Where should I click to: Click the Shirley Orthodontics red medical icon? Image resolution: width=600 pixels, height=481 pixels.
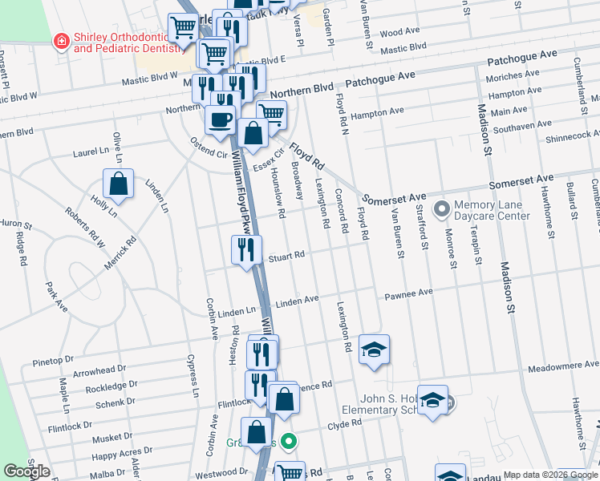[60, 41]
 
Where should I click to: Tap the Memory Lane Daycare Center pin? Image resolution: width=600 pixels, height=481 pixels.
[440, 210]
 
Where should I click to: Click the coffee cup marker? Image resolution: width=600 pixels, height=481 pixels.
[220, 119]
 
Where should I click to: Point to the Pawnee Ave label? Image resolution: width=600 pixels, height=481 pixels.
[410, 294]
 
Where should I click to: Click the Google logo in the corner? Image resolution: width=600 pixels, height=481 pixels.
[27, 471]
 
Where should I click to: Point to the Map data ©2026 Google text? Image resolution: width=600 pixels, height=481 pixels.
[549, 475]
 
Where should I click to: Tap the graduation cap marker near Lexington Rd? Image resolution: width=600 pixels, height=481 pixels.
[374, 350]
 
